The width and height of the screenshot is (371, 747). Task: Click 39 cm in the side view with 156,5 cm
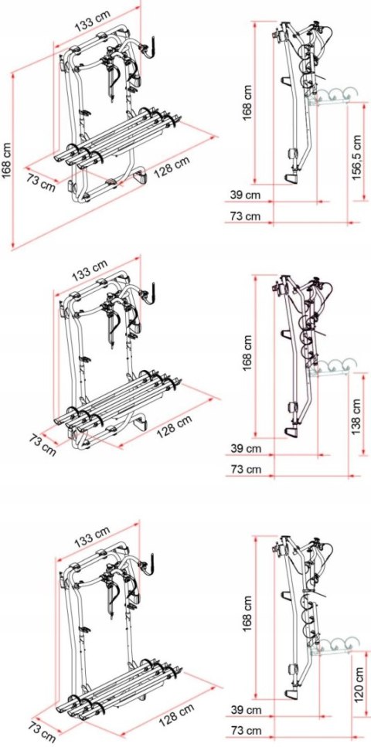(x=247, y=195)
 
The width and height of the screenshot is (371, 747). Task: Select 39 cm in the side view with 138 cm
(x=247, y=447)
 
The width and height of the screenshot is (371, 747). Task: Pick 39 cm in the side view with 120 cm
(x=247, y=708)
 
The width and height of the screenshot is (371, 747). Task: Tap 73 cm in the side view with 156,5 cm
(x=247, y=216)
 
